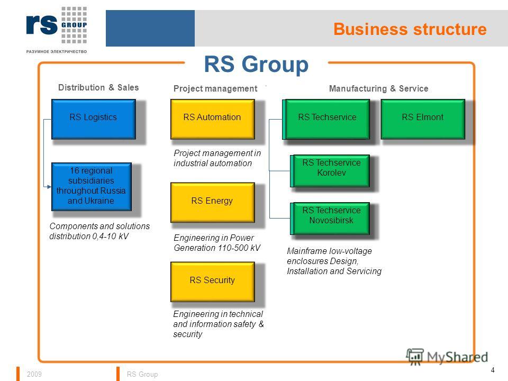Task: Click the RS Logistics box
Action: [x=93, y=119]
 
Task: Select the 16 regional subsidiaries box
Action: [x=92, y=187]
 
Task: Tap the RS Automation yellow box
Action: [x=213, y=119]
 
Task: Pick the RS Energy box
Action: [x=213, y=203]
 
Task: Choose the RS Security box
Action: [x=213, y=282]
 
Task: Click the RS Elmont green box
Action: [x=423, y=119]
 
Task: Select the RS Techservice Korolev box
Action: [x=330, y=171]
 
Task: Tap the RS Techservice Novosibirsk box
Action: [x=330, y=219]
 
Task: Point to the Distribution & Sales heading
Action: [x=98, y=87]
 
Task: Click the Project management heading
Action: [x=215, y=88]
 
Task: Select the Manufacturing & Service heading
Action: [x=379, y=88]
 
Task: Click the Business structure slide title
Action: [x=410, y=29]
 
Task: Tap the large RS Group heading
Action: [x=256, y=64]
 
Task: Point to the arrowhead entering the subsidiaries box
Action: [x=49, y=187]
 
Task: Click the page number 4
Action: [x=493, y=370]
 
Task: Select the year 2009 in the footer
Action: [x=34, y=374]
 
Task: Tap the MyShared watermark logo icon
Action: [x=415, y=357]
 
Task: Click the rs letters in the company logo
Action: [x=42, y=24]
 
